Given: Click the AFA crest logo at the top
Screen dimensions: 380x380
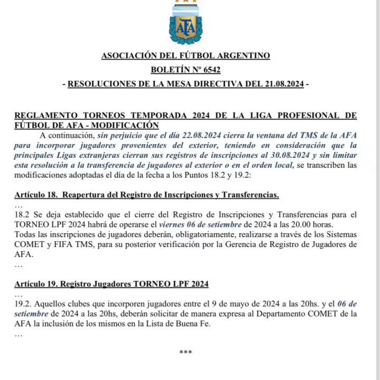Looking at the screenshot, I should pos(185,25).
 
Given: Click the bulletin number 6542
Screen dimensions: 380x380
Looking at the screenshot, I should pos(210,70).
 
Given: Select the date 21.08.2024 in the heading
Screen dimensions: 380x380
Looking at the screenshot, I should pos(282,83).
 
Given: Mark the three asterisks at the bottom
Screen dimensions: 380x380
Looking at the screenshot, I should pos(186,352).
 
